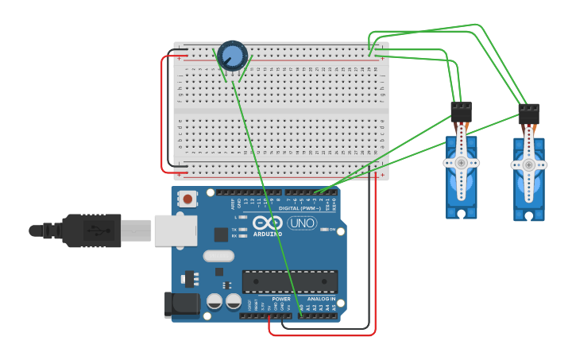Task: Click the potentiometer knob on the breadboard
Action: [x=233, y=56]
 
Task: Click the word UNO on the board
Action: [x=302, y=223]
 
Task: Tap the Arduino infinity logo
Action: [x=268, y=223]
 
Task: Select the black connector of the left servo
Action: [x=461, y=111]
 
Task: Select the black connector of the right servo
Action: [x=528, y=114]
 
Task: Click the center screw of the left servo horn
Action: [x=461, y=162]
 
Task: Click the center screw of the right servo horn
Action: [x=528, y=165]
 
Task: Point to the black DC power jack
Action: [x=181, y=305]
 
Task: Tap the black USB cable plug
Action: [x=91, y=230]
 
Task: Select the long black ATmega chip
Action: [x=290, y=281]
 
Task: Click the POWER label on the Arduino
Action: [x=270, y=299]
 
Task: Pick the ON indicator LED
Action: [x=323, y=230]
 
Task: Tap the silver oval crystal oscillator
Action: [x=218, y=256]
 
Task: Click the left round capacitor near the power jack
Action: [x=215, y=301]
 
